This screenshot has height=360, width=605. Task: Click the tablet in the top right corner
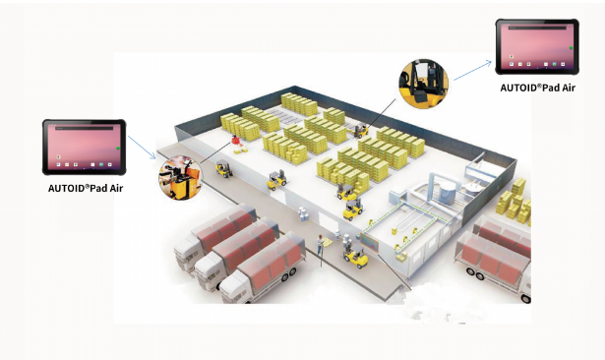click(537, 46)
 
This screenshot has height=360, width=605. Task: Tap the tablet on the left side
click(85, 147)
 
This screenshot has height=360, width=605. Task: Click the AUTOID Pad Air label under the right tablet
click(537, 88)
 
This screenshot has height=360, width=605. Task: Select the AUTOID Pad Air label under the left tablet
click(86, 188)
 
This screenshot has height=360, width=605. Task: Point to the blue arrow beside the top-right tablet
click(472, 70)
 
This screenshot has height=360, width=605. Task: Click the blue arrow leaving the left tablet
click(142, 147)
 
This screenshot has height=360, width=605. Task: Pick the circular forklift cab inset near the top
click(423, 84)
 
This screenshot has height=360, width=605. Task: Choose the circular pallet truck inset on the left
click(181, 178)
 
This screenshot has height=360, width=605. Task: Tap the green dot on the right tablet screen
click(571, 48)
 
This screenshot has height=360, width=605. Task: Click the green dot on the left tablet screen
click(118, 149)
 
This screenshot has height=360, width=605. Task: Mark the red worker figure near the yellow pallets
click(236, 141)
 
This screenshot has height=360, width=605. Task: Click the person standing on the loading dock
click(320, 244)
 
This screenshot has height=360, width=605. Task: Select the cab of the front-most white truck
click(234, 288)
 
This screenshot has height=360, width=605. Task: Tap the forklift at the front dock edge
click(356, 257)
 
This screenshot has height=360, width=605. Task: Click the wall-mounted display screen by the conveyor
click(369, 242)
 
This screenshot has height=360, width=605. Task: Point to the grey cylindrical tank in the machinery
click(448, 192)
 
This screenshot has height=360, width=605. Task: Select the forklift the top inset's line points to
click(361, 131)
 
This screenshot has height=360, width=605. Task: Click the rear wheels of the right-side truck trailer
click(475, 273)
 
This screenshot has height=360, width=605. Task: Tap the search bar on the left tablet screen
click(85, 127)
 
